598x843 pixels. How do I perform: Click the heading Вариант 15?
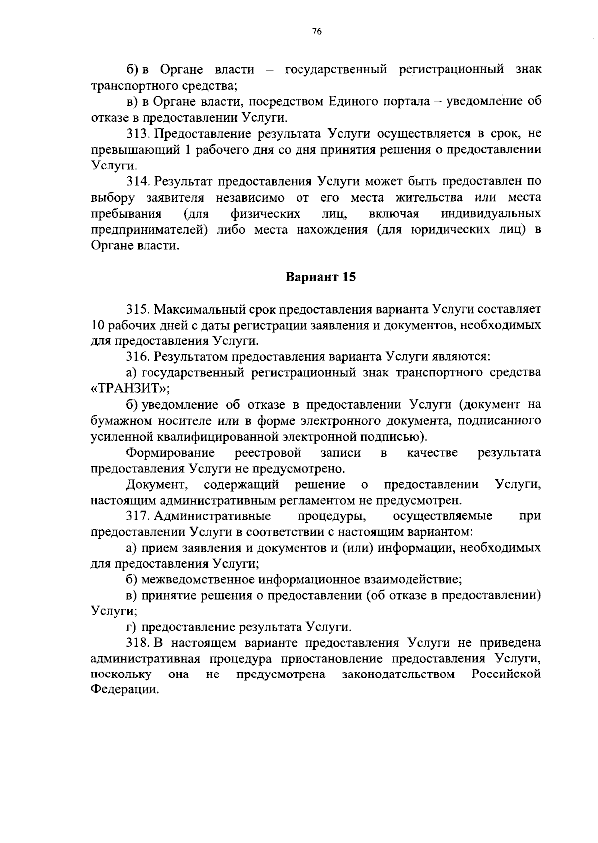[320, 277]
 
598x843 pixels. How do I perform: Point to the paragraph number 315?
[138, 310]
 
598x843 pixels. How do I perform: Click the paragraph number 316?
[138, 357]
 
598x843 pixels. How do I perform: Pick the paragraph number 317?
[138, 516]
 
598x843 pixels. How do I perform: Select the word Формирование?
[170, 453]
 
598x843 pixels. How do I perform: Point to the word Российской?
[506, 675]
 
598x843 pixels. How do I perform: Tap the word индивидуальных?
[491, 214]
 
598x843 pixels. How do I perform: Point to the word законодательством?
[399, 675]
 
